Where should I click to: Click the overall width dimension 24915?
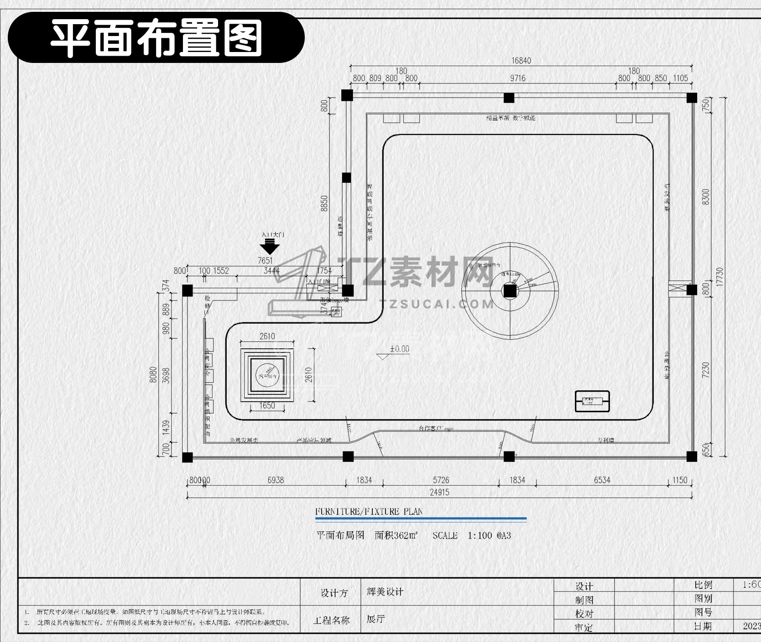click(x=439, y=492)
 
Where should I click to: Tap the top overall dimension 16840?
click(x=521, y=61)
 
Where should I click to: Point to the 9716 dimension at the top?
click(x=518, y=78)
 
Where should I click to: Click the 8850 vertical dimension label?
click(x=324, y=203)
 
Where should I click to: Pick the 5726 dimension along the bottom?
click(x=441, y=480)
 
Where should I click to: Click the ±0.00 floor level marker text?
click(x=400, y=349)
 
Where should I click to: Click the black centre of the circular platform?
click(x=510, y=291)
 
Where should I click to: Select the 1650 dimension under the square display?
click(x=267, y=405)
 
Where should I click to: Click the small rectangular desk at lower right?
click(x=592, y=401)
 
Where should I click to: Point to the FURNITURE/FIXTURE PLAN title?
click(x=369, y=512)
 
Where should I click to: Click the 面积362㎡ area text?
click(x=396, y=535)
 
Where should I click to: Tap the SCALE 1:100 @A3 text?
click(x=472, y=535)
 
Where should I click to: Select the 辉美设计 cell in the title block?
click(x=385, y=592)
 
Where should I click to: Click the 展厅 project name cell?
click(x=376, y=619)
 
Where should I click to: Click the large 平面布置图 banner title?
click(x=156, y=38)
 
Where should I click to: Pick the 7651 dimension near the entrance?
click(x=265, y=261)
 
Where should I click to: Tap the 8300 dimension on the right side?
click(x=706, y=197)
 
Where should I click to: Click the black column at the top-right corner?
click(x=692, y=98)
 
